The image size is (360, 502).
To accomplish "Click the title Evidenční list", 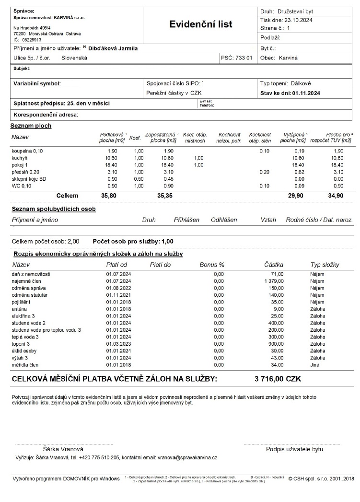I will point(200,24).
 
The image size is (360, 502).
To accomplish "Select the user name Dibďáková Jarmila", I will point(113,48).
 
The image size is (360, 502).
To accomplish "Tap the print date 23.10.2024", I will point(299,20).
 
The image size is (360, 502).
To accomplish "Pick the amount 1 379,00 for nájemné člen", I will point(274,280).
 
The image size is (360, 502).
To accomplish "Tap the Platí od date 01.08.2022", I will point(118,288).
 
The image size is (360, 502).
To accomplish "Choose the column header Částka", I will point(273,265).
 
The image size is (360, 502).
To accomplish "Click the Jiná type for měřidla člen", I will point(316,365).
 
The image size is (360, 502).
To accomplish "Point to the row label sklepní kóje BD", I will point(29,178).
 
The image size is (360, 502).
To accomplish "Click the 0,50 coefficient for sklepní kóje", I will point(139,178).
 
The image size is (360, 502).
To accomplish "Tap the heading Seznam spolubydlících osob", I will point(54,209).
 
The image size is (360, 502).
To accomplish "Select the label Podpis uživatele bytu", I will point(294,449).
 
